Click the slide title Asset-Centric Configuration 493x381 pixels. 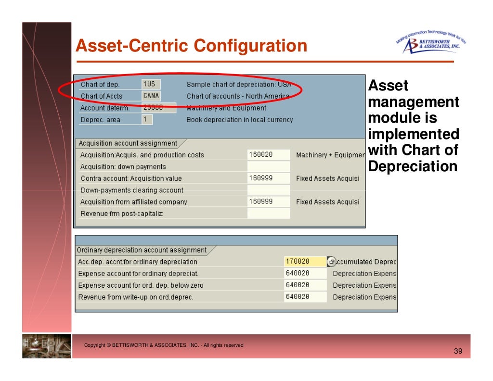[x=192, y=46]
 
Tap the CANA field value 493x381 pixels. [x=151, y=96]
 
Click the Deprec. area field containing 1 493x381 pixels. [x=147, y=119]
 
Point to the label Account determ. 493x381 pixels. [x=105, y=108]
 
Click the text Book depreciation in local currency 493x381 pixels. [x=239, y=120]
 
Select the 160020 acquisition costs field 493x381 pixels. [x=268, y=155]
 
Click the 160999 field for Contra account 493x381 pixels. [x=268, y=178]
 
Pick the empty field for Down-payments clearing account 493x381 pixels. [x=268, y=190]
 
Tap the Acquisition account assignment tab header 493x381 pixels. [x=128, y=143]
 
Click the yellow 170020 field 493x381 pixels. [x=305, y=262]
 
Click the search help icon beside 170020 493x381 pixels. [x=331, y=262]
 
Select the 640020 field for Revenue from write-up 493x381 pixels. [x=305, y=297]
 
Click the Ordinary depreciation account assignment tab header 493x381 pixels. [x=142, y=250]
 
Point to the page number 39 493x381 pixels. [x=458, y=352]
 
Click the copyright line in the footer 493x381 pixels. [x=164, y=345]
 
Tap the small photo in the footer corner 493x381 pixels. [x=46, y=346]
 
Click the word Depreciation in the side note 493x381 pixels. [x=413, y=166]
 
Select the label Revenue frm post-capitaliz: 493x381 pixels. [x=122, y=213]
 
